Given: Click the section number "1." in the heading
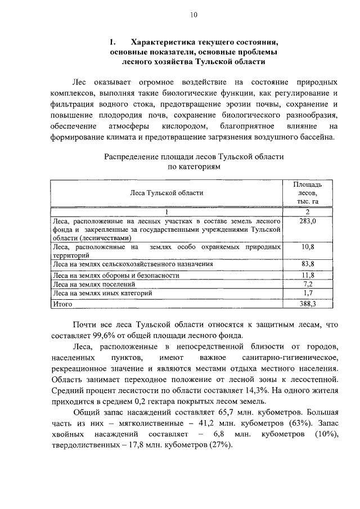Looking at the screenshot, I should point(112,42).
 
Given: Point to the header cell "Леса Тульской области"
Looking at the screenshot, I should point(166,192).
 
